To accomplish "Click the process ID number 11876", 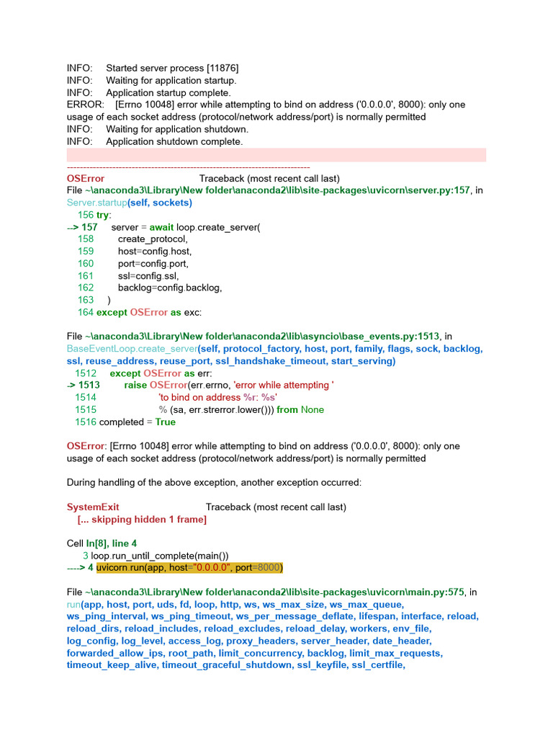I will point(224,68).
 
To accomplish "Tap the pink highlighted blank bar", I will point(276,154).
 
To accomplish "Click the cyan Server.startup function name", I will point(96,203).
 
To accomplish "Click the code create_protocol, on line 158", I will point(153,239).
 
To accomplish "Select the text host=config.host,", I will point(155,252).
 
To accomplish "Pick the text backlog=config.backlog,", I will point(170,288).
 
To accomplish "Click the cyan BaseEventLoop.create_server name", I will point(132,349).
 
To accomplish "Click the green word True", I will point(165,422).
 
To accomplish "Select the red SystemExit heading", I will point(93,507).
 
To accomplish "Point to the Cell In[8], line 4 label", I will point(102,544).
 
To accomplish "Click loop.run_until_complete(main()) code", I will point(160,556).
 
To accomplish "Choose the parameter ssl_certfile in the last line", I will point(379,665).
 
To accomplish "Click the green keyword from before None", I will point(287,410).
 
